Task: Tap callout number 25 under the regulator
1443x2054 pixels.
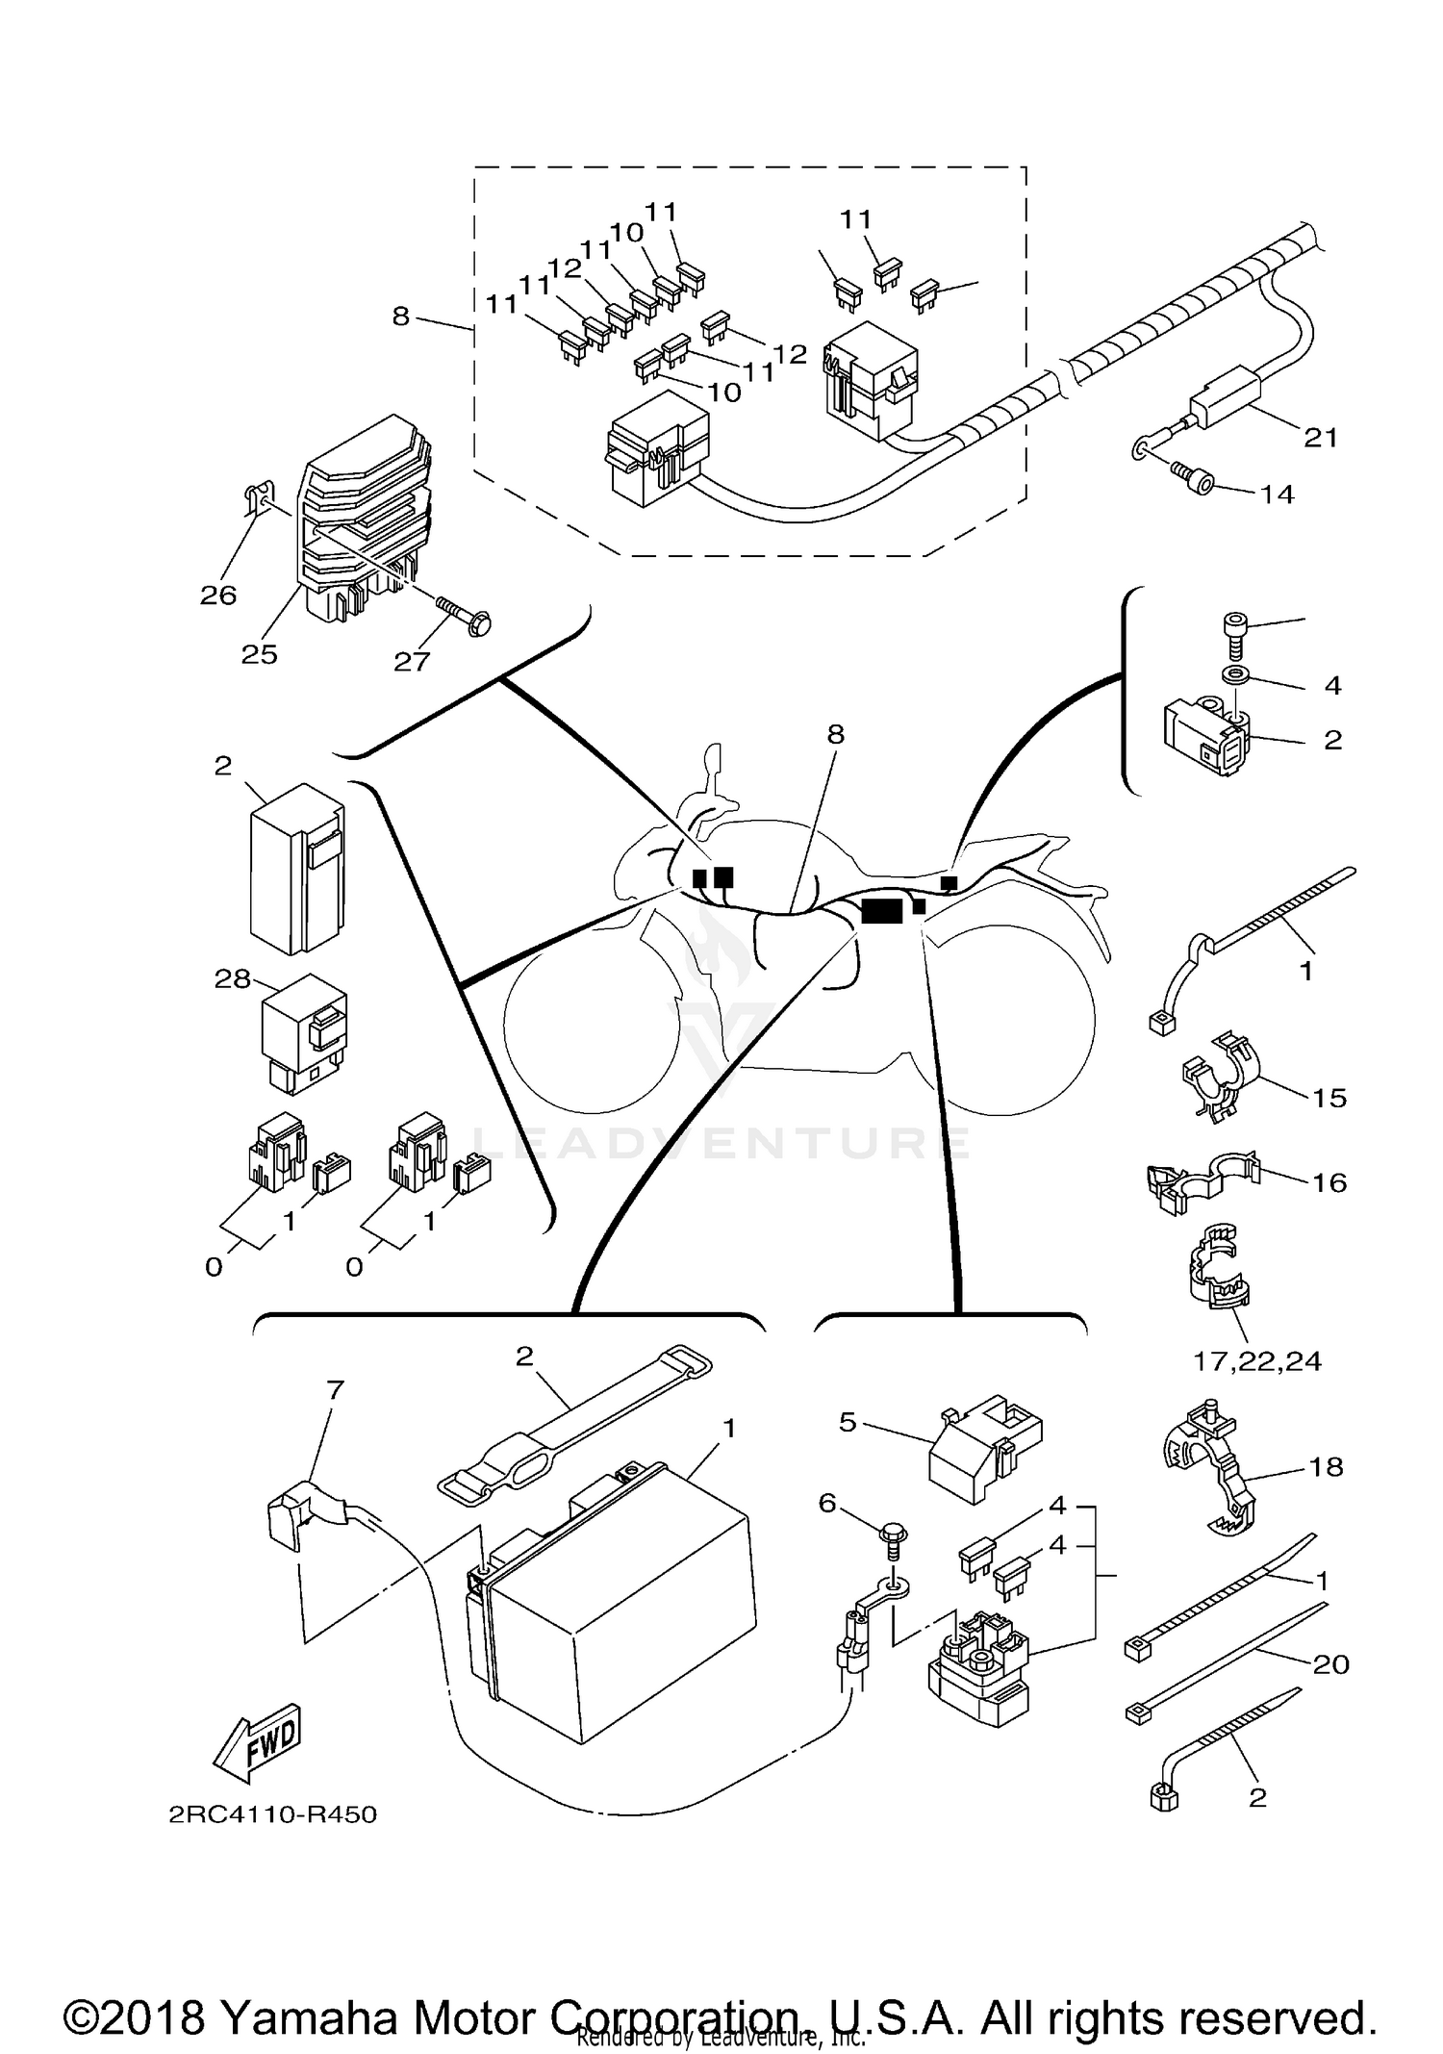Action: (259, 654)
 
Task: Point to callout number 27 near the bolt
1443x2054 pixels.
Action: (412, 661)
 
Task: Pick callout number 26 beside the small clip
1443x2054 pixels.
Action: (218, 595)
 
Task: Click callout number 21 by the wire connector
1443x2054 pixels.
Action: (1321, 438)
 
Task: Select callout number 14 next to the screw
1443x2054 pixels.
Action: (1278, 494)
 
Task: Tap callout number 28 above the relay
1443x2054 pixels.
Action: (233, 979)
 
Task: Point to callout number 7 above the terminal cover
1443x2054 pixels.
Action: (335, 1389)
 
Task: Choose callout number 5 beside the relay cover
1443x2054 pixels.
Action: (848, 1422)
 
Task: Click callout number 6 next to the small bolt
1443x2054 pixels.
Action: (828, 1503)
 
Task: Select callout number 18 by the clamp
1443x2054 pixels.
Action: (1326, 1467)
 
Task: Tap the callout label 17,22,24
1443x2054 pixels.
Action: (1257, 1360)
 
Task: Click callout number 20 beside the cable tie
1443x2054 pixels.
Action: (1331, 1663)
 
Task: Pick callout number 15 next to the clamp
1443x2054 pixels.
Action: (1329, 1098)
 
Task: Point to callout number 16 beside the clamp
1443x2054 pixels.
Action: (1329, 1182)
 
